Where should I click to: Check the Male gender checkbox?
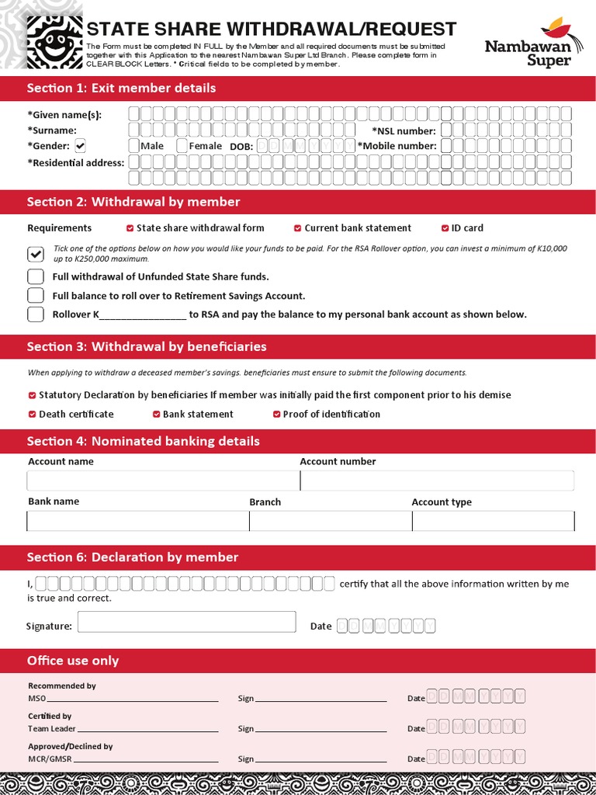134,146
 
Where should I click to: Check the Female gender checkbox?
182,146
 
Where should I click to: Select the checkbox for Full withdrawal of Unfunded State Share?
36,276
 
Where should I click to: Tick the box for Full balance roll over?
36,296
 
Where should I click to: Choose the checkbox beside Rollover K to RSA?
36,314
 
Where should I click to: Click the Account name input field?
162,481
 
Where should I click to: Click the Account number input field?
437,481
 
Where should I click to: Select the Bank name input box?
137,521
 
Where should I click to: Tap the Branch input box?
330,521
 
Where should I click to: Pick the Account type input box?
493,521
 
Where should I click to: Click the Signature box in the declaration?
186,622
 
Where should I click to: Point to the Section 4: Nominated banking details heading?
143,441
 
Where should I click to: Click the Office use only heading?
73,661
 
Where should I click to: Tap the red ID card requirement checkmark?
445,228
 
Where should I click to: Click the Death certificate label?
76,414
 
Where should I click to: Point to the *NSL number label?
404,131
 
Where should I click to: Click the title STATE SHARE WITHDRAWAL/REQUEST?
271,30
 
